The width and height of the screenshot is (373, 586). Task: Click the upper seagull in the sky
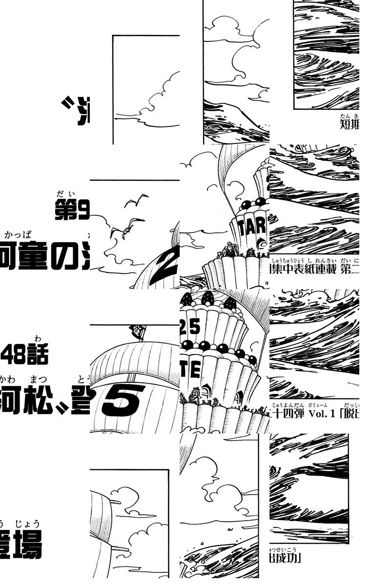click(x=137, y=200)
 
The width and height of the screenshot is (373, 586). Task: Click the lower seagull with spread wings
click(x=125, y=228)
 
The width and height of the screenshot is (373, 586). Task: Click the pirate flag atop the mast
click(x=138, y=332)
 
